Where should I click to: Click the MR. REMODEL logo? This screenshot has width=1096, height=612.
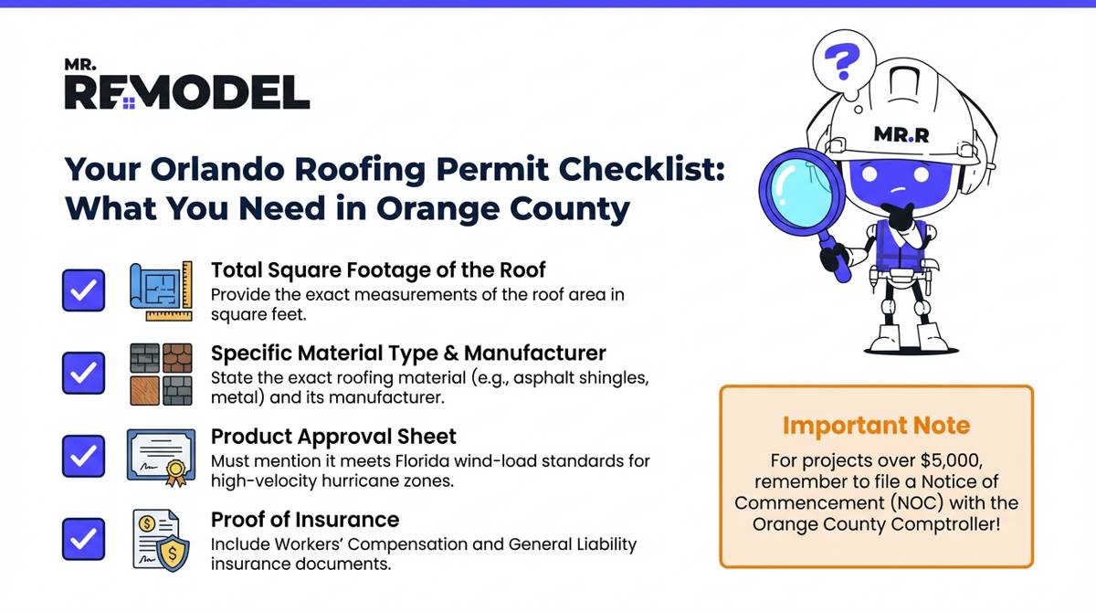click(186, 87)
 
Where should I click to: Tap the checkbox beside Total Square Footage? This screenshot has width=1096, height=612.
click(84, 290)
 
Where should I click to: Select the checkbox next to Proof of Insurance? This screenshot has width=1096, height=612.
click(84, 538)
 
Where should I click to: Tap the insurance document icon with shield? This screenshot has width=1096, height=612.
click(162, 538)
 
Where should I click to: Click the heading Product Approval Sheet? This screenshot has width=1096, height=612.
click(333, 436)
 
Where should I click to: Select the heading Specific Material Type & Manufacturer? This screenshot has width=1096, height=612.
click(408, 353)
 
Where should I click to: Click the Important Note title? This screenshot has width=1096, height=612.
click(876, 426)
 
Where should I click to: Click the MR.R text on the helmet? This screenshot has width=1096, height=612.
click(901, 135)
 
